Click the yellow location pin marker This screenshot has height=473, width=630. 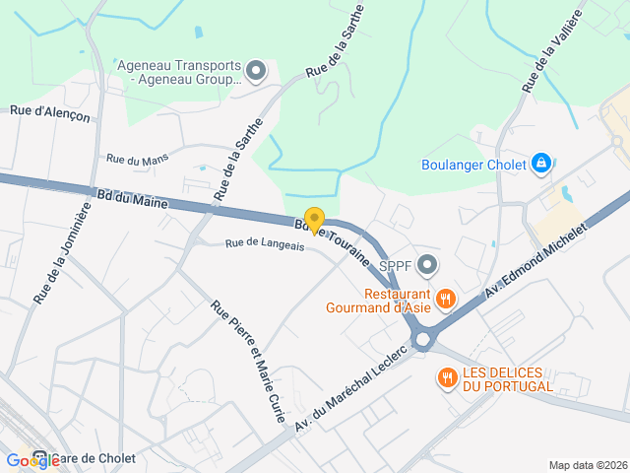(314, 220)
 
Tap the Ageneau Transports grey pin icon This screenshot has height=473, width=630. (256, 70)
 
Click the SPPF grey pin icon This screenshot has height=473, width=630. (427, 264)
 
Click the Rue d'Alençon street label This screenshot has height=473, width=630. (50, 114)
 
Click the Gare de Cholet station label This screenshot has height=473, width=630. (94, 459)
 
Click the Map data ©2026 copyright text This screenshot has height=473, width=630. (587, 465)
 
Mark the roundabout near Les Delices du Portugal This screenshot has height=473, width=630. (424, 340)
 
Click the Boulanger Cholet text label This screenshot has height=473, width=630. (473, 165)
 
